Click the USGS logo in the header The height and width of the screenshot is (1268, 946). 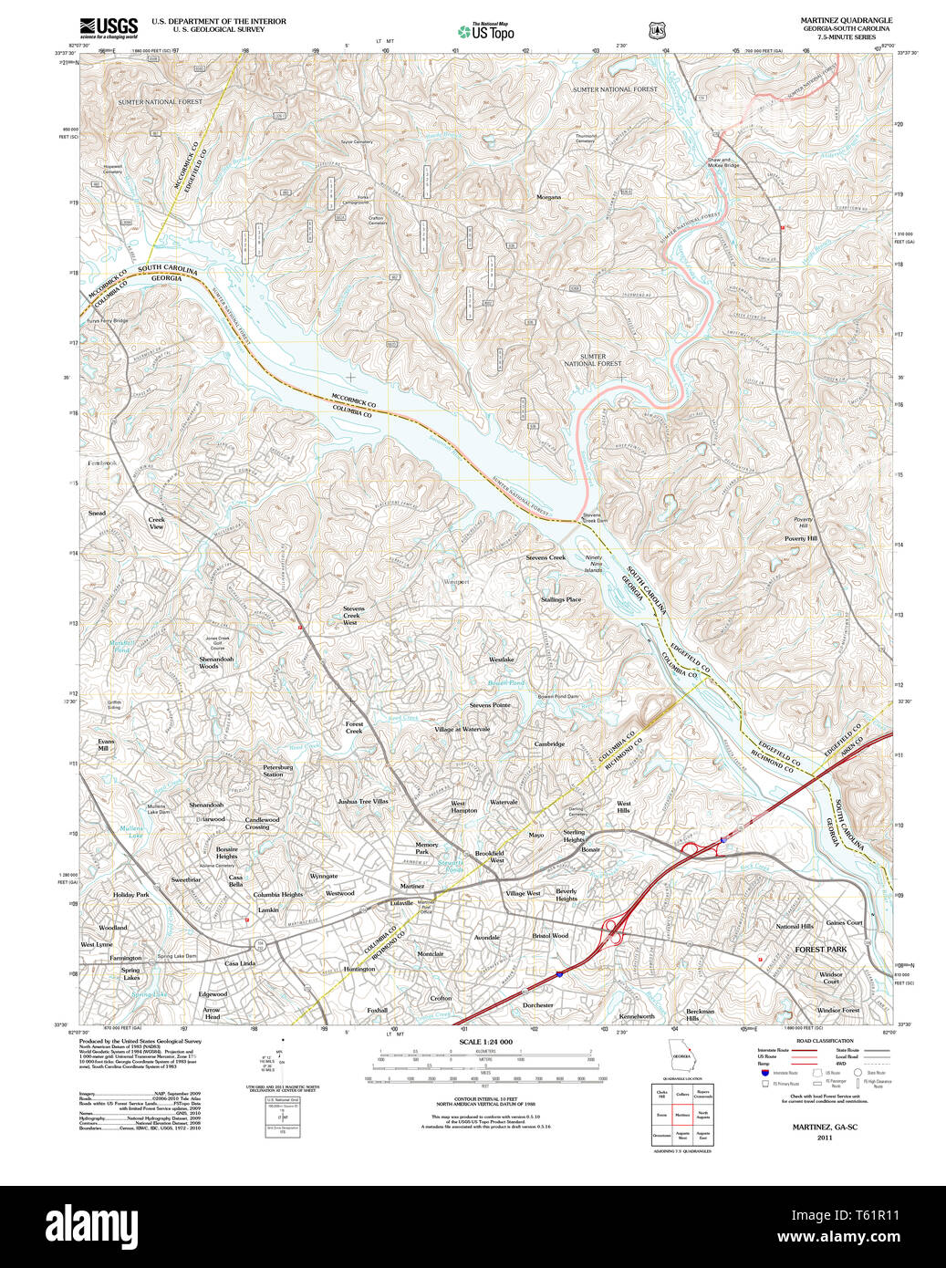click(108, 26)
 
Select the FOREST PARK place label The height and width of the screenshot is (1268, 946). click(820, 950)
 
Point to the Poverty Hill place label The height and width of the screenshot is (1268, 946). click(801, 538)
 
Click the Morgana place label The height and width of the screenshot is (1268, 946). click(548, 197)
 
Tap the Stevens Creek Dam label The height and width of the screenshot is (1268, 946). click(594, 517)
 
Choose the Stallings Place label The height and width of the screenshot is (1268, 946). click(560, 599)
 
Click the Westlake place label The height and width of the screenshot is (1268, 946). click(501, 660)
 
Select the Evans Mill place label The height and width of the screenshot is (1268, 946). click(106, 745)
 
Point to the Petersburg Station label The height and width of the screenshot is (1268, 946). click(277, 771)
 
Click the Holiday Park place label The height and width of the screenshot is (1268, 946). click(130, 895)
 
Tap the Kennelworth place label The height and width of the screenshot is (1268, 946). click(637, 1016)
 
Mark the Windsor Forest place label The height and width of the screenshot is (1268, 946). click(837, 1011)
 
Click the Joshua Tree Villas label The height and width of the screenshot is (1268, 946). click(362, 801)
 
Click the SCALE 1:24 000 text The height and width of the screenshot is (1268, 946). click(485, 1042)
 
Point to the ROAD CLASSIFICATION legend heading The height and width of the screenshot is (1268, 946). click(824, 1041)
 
